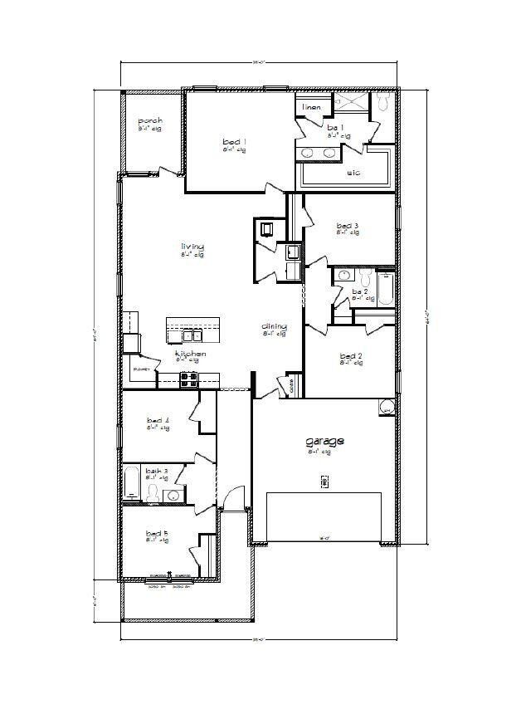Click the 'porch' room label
pos(150,121)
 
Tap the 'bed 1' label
pos(234,143)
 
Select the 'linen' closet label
pos(311,107)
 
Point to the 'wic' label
pos(353,174)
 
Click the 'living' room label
pos(192,247)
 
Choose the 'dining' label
pos(274,326)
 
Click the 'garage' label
pos(324,443)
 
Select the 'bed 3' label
pos(348,226)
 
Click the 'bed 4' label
pos(158,422)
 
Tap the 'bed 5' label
pos(157,533)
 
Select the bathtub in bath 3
pos(132,485)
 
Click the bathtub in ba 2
pos(386,289)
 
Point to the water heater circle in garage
pos(386,408)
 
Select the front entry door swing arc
pos(236,495)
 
